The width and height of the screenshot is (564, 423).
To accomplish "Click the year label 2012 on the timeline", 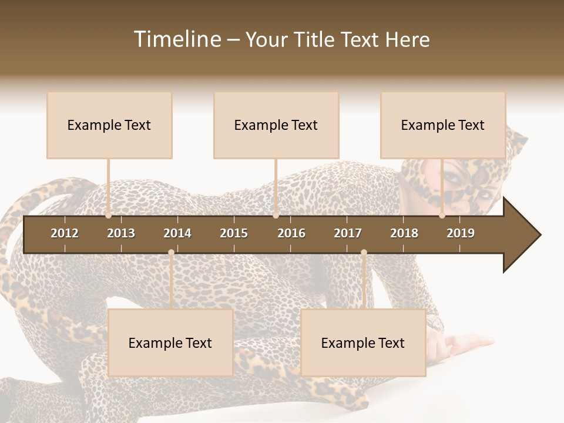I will (x=65, y=233).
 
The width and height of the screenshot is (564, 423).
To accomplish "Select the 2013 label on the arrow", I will (x=121, y=233).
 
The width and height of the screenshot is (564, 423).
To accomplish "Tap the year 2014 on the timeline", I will (x=177, y=233).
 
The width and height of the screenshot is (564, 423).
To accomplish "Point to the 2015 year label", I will (x=234, y=233).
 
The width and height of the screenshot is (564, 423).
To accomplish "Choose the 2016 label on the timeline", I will (x=291, y=233).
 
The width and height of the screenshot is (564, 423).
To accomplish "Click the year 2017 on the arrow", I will (x=348, y=233).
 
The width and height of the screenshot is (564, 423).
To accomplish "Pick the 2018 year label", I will (x=404, y=233).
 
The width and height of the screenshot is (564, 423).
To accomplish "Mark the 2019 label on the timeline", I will (x=461, y=233).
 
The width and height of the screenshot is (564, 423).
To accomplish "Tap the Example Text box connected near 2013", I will (x=109, y=125).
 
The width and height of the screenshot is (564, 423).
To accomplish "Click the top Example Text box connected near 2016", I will (x=276, y=125).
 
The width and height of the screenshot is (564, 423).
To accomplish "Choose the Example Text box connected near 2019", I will (x=443, y=125).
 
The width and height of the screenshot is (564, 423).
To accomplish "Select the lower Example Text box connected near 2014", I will (x=170, y=343).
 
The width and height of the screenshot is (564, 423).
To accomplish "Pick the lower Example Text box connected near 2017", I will (x=363, y=343).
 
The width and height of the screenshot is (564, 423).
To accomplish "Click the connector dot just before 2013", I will (x=109, y=216).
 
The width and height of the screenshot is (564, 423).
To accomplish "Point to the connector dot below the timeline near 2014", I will (x=171, y=253).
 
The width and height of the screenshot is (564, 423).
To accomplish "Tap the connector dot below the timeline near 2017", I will (x=364, y=253).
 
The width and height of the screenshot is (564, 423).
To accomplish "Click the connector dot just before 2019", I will (x=442, y=216).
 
